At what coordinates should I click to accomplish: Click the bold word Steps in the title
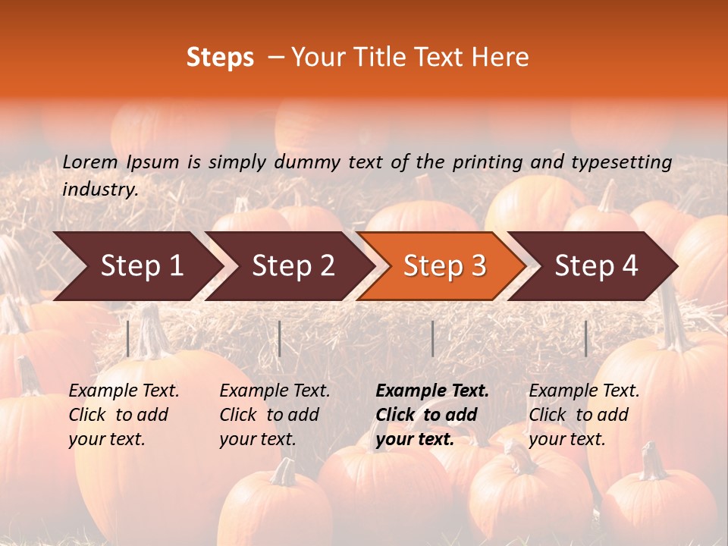pos(220,58)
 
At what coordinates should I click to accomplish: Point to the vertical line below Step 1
pos(128,338)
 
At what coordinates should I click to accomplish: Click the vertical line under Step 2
pos(280,338)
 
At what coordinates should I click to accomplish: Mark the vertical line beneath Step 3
pos(432,338)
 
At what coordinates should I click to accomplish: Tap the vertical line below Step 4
pos(586,338)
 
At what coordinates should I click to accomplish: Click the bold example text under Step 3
pos(432,415)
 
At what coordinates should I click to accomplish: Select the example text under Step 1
pos(124,415)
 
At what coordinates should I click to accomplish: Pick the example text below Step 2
pos(275,415)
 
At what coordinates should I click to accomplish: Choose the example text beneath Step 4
pos(584,415)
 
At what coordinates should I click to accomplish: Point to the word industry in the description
pos(100,190)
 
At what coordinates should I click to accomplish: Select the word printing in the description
pos(485,162)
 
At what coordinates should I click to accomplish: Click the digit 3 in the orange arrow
pos(478,266)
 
